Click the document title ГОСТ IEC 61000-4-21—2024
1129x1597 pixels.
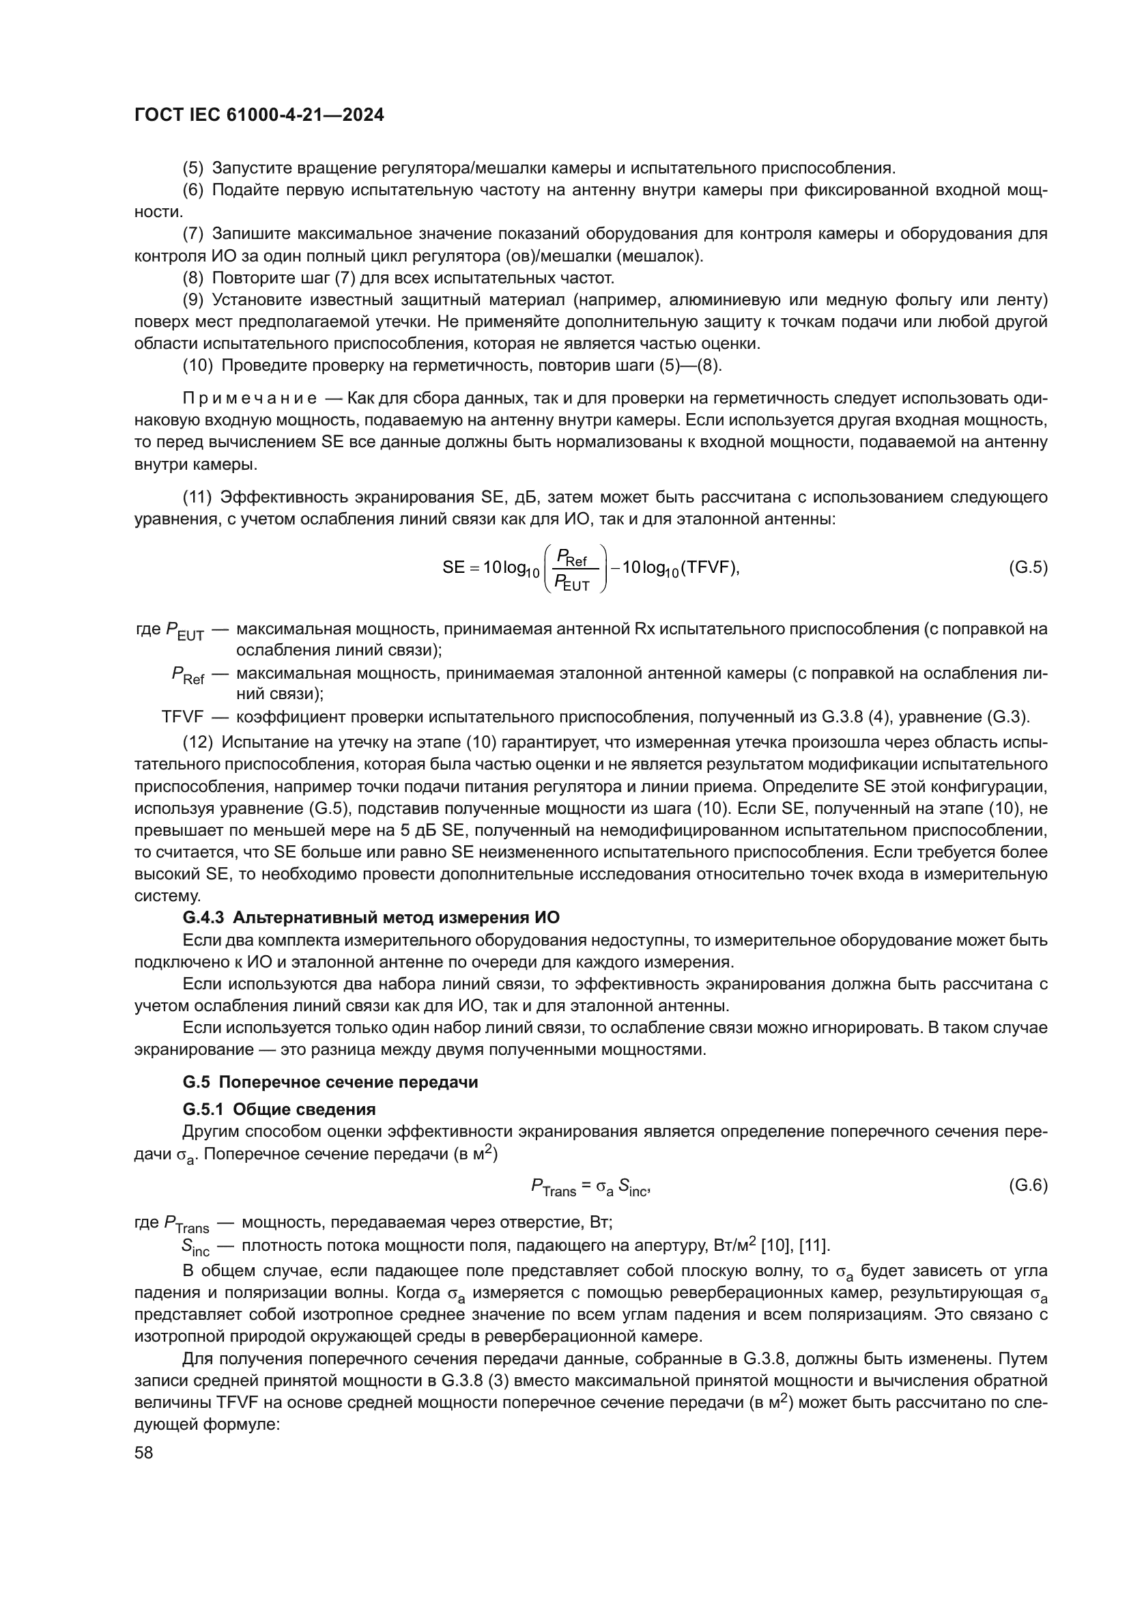pos(259,115)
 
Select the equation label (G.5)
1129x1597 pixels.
pos(1027,567)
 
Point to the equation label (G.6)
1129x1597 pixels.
pos(1027,1186)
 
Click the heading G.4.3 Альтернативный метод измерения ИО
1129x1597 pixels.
pos(371,918)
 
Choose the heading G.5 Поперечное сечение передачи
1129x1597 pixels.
pos(330,1082)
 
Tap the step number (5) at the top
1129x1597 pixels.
pos(192,168)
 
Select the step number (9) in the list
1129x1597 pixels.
pos(192,300)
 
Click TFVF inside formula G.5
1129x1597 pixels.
pos(709,567)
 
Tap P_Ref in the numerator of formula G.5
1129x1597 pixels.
pos(571,556)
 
